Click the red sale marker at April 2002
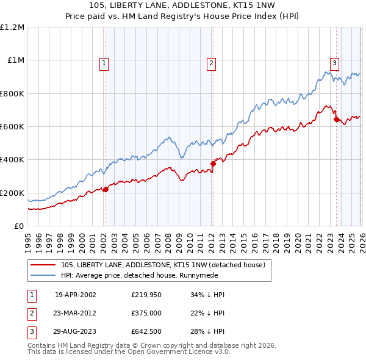106,189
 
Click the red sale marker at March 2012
213,164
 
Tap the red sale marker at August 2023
336,119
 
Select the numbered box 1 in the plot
104,62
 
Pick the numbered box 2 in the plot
211,62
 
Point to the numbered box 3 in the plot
335,62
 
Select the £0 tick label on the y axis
19,226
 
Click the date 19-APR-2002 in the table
75,295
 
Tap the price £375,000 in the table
146,314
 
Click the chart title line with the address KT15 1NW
182,5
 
